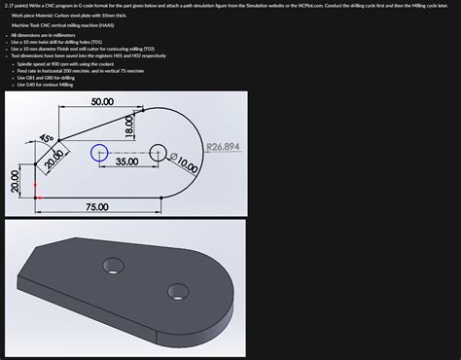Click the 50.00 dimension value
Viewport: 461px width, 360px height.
click(102, 102)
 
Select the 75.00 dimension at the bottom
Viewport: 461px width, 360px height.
click(97, 207)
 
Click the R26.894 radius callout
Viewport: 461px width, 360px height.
click(223, 147)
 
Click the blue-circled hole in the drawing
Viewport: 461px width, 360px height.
click(98, 152)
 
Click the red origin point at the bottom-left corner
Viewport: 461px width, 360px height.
click(37, 198)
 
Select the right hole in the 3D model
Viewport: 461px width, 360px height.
click(176, 289)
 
